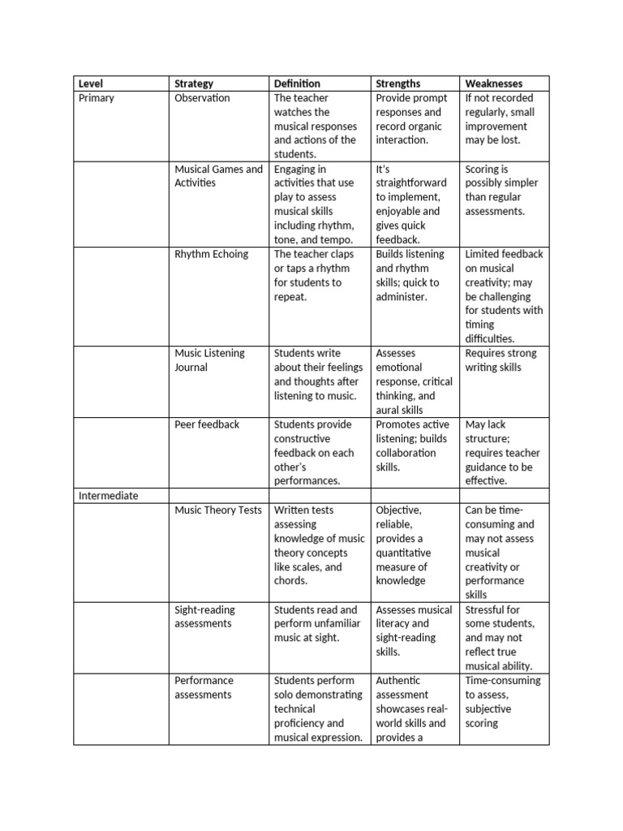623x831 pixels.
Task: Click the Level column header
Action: (91, 84)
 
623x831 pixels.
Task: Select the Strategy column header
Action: (194, 84)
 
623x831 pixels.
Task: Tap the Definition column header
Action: (297, 84)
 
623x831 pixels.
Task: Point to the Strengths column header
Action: (398, 84)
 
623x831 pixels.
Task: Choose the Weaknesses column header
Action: (493, 84)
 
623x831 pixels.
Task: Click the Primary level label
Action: (97, 98)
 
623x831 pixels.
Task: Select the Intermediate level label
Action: (109, 496)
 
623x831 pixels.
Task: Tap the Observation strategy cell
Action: (202, 98)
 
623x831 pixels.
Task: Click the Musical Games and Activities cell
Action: (218, 176)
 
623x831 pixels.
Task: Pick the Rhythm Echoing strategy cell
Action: (211, 254)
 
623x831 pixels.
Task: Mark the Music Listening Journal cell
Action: (209, 360)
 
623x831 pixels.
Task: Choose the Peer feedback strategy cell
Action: (207, 424)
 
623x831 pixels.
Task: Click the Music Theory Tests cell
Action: (218, 510)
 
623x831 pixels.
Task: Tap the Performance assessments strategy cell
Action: (204, 687)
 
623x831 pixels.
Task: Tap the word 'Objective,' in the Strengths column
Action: (399, 510)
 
